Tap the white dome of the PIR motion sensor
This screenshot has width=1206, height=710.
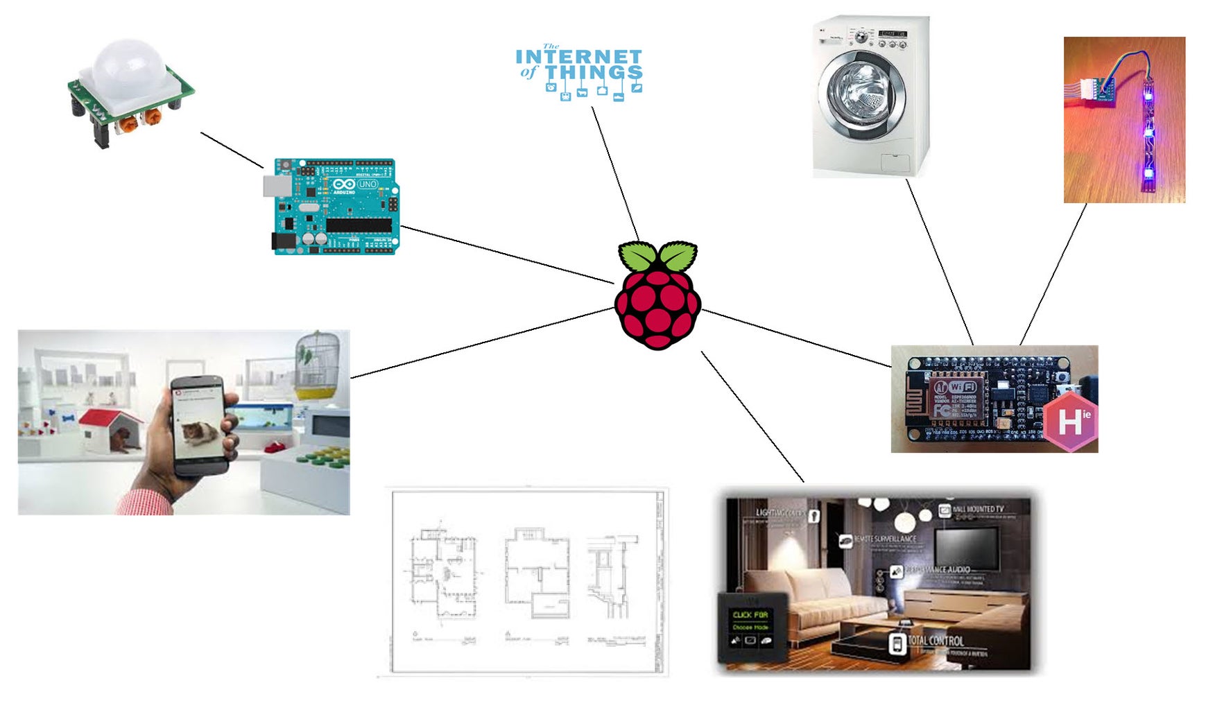(129, 67)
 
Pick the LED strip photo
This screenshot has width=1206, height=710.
(1124, 120)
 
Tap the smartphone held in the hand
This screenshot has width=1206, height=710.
(201, 424)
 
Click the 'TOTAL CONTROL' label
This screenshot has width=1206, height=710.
(936, 640)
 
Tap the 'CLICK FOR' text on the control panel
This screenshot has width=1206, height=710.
(750, 615)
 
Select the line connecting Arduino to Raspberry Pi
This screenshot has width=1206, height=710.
(506, 254)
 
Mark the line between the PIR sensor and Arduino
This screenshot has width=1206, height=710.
(232, 150)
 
